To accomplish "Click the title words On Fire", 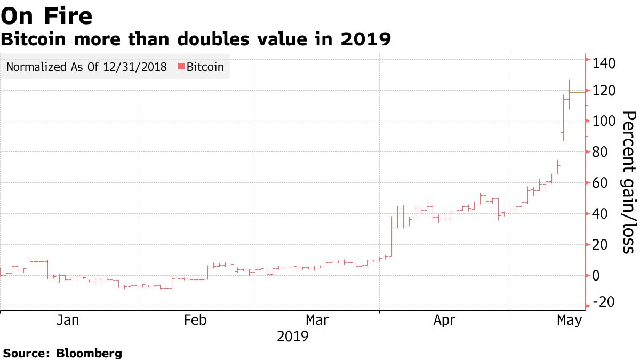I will coord(47,17).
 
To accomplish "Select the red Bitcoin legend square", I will coord(181,67).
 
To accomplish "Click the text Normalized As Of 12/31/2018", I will coord(86,67).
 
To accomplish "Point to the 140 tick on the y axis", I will coord(604,64).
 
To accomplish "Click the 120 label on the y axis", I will coord(604,91).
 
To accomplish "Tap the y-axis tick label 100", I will coord(604,122).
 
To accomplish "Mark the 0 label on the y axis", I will coord(596,276).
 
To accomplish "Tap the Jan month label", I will coord(68,320).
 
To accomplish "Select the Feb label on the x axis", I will coord(195,320).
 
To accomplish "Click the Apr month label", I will coord(444,320).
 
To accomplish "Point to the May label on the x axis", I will coord(569,320).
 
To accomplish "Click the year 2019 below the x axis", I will coord(293,337).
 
